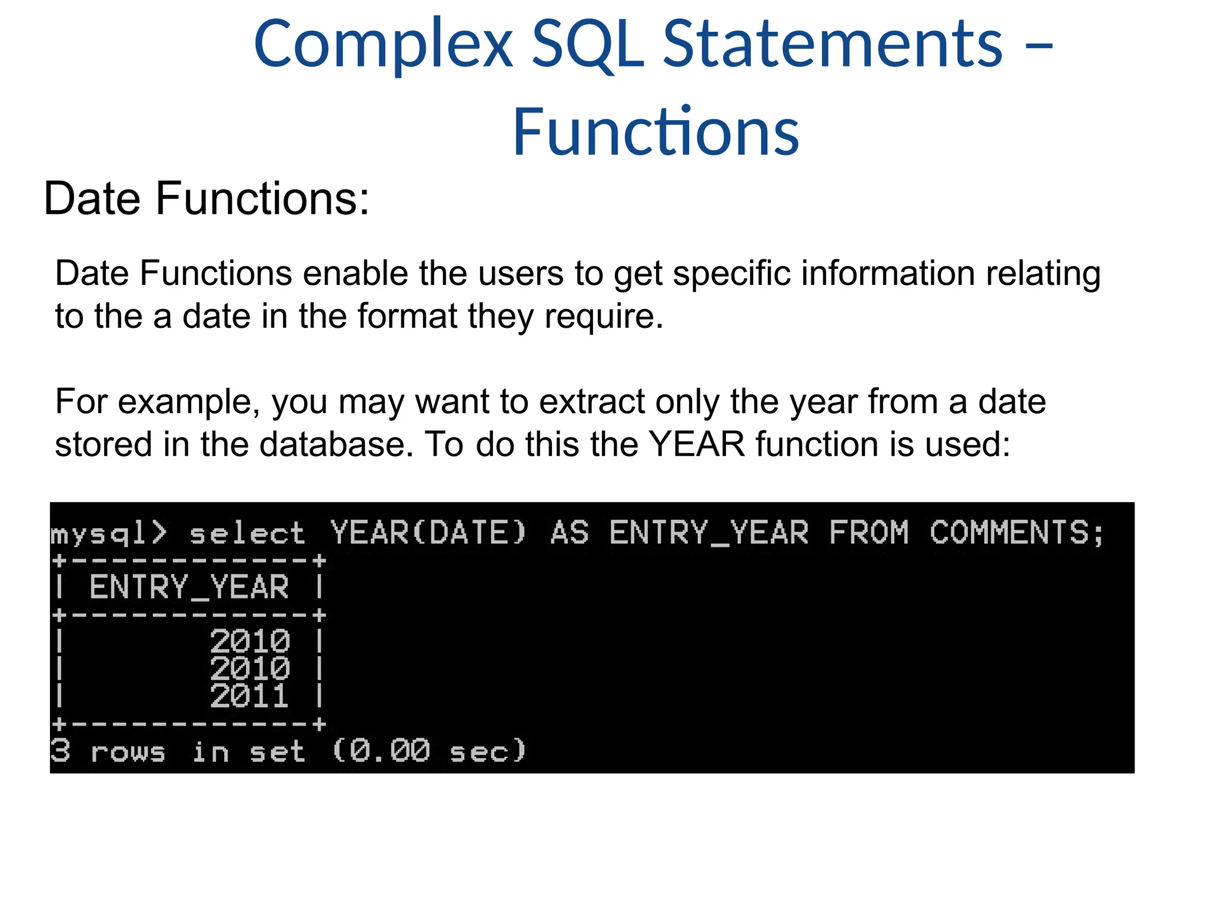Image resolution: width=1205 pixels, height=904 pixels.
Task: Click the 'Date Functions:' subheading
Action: (x=207, y=199)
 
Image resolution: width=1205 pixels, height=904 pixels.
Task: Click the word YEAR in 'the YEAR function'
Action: (x=697, y=444)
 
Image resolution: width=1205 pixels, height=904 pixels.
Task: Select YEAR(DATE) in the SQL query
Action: (x=428, y=533)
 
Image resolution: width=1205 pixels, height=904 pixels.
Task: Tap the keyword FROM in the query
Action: (x=868, y=533)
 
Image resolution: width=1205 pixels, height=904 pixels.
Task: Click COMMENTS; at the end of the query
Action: (x=1017, y=533)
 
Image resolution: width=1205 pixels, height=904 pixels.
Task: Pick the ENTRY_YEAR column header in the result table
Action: (x=189, y=587)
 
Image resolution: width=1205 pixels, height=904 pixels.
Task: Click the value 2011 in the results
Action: (x=249, y=696)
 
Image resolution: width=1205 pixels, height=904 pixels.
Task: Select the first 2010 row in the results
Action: (x=249, y=641)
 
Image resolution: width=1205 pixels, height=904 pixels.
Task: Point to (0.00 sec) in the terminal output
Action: (x=429, y=751)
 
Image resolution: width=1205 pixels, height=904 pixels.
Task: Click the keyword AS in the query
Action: (x=570, y=533)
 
